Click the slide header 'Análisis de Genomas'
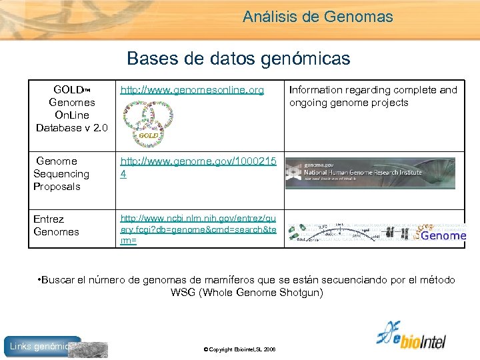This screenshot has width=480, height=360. (317, 17)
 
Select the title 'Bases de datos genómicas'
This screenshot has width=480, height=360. (238, 59)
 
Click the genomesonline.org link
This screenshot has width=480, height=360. (192, 90)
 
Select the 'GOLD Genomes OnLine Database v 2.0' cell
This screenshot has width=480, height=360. (71, 109)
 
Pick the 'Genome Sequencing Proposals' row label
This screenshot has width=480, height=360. (61, 174)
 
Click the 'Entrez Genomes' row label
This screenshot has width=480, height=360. (56, 225)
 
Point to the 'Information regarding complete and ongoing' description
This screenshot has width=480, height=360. (373, 96)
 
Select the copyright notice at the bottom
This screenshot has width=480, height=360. (240, 350)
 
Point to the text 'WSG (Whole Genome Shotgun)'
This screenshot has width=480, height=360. (247, 293)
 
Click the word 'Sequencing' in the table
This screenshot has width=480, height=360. (61, 174)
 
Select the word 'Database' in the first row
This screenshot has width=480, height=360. (59, 128)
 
